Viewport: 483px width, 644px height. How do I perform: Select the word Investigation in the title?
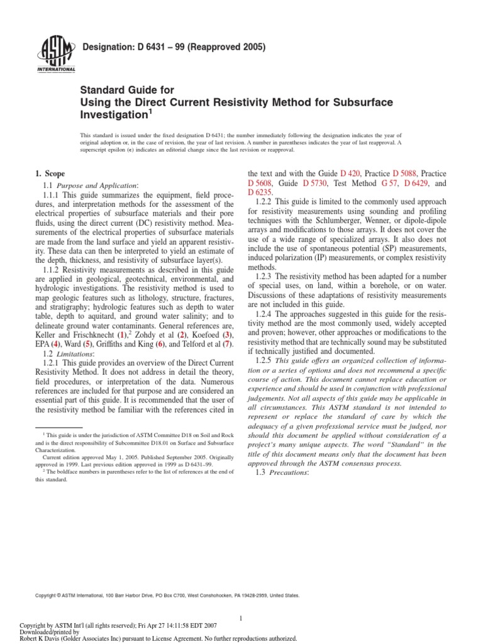119,116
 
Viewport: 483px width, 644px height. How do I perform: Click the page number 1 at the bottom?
241,601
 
